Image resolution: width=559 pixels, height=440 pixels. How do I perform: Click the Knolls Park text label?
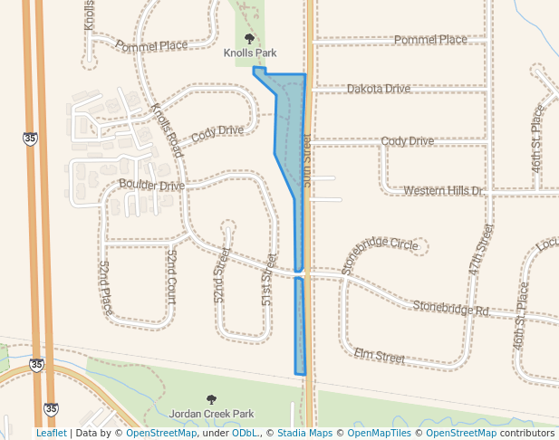click(249, 53)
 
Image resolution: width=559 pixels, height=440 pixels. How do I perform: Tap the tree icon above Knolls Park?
click(249, 38)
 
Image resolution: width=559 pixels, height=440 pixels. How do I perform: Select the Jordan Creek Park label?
click(211, 413)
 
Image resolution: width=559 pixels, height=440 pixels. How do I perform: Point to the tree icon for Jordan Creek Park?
click(211, 398)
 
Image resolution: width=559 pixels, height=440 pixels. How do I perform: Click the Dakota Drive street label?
click(379, 89)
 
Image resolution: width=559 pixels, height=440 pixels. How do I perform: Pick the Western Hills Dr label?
click(444, 191)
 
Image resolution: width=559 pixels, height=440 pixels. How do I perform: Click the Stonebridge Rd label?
click(450, 309)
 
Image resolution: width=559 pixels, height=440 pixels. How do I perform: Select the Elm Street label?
click(379, 357)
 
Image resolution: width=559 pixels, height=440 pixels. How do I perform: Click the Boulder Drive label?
click(151, 186)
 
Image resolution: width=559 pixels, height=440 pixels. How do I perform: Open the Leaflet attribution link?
click(51, 433)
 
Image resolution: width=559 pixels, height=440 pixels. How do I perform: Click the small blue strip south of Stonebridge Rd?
click(300, 326)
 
